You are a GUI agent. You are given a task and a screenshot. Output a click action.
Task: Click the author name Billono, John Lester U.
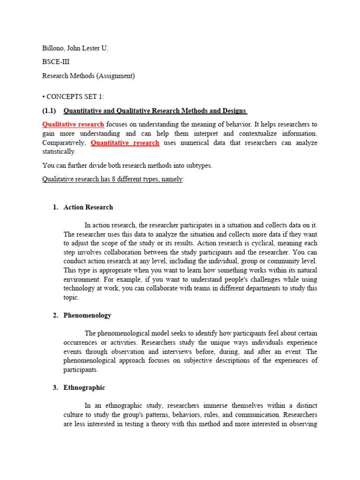(x=75, y=48)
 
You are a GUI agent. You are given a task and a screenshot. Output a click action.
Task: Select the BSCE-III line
(x=57, y=62)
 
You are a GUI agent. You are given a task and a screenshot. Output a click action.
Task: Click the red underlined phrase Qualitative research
(x=73, y=124)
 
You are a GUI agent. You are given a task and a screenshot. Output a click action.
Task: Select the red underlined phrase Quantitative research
(x=125, y=142)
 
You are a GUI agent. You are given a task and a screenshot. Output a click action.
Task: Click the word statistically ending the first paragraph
(x=59, y=151)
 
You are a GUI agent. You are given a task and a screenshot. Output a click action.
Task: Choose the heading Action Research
(x=88, y=207)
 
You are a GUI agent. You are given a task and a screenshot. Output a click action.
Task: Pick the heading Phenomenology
(x=87, y=315)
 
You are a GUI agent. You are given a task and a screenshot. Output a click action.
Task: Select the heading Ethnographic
(x=84, y=387)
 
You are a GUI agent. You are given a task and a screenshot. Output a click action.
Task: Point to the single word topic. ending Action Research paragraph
(x=71, y=297)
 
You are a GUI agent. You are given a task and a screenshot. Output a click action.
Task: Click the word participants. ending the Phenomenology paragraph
(x=81, y=369)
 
